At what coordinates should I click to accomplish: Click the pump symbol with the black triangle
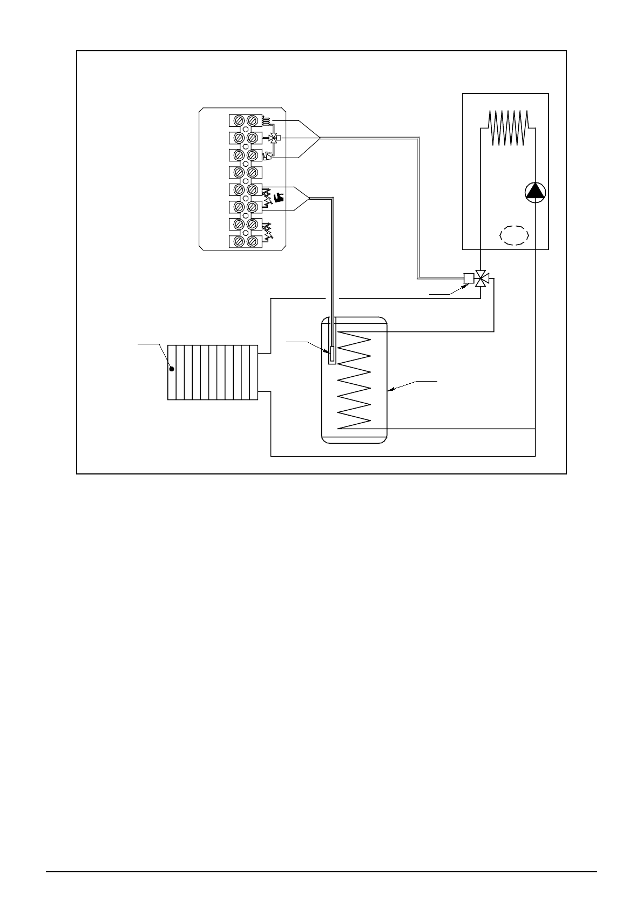pos(535,192)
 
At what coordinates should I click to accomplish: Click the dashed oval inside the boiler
pos(513,236)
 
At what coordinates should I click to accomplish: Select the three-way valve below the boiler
pos(482,279)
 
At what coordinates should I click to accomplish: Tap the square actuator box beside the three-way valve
pos(469,279)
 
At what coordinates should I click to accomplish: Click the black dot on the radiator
pos(172,369)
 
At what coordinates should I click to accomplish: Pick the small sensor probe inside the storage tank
pos(331,354)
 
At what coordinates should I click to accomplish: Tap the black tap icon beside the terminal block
pos(279,197)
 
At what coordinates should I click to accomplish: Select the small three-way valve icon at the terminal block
pos(273,138)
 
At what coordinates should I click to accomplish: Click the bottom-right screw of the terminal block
pos(251,241)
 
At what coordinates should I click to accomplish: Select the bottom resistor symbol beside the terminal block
pos(267,233)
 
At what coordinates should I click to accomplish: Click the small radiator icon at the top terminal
pos(267,120)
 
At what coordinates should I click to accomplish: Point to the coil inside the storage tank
pos(354,381)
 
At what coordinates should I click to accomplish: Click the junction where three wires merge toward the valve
pos(320,138)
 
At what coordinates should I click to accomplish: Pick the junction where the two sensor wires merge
pos(309,199)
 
